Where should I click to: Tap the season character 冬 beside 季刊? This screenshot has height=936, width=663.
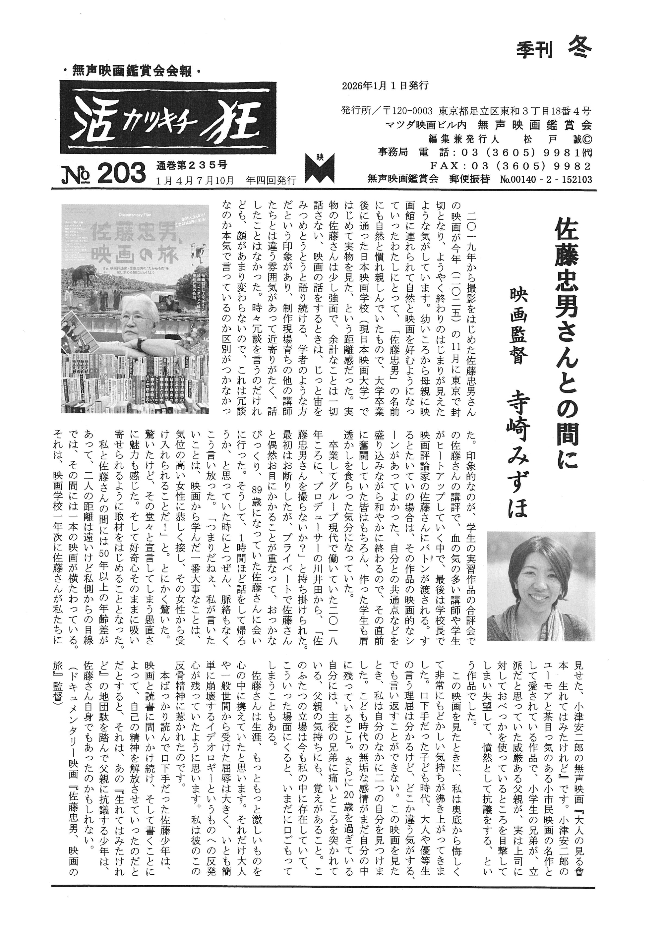tap(578, 48)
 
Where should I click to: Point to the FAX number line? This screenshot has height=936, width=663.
tap(510, 166)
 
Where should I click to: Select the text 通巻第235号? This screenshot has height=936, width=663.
tap(192, 165)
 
